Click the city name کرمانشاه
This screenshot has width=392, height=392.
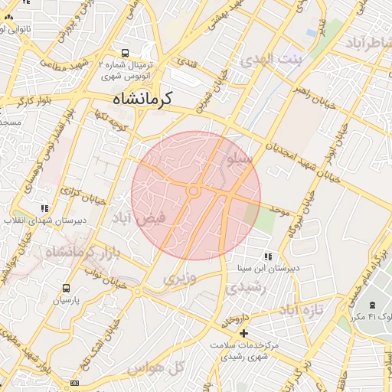143,99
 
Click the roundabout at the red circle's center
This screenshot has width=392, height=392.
194,191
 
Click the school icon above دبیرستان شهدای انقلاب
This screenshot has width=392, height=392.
44,207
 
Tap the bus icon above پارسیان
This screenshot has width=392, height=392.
66,289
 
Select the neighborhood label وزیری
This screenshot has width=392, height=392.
180,279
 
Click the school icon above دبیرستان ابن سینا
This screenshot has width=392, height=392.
266,256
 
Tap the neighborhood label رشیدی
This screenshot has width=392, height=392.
245,288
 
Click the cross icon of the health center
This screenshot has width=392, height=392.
243,334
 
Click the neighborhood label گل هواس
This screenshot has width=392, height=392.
168,368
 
